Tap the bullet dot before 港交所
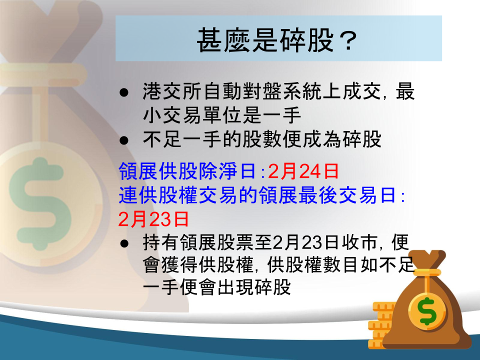[124, 92]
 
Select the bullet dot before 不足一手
[124, 140]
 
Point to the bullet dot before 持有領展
[124, 243]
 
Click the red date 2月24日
[303, 171]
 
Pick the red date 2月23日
[153, 219]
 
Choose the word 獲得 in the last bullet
[179, 265]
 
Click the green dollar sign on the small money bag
[427, 310]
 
